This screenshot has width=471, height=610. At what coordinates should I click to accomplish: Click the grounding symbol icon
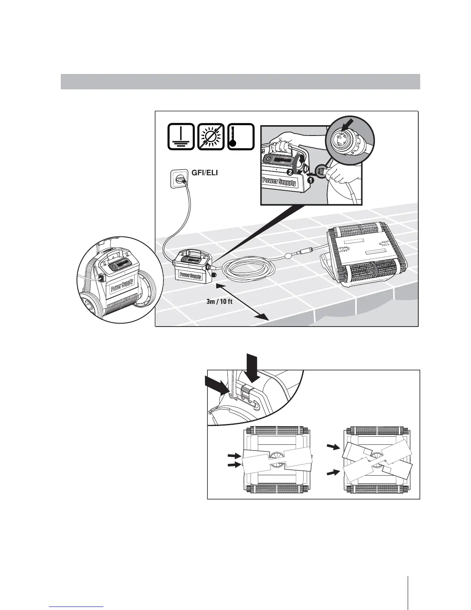tap(181, 137)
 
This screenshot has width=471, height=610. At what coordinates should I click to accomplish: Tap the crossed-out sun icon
tap(211, 137)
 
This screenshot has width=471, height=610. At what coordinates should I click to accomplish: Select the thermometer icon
tap(241, 137)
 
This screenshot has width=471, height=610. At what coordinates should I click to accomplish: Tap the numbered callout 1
tap(311, 179)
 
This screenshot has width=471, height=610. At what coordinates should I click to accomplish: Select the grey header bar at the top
tap(240, 81)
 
